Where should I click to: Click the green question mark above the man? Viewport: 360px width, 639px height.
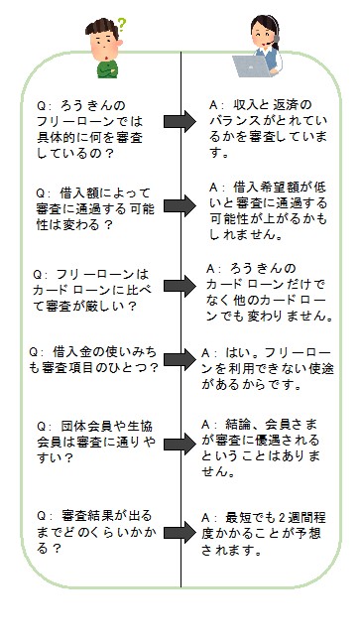tap(122, 21)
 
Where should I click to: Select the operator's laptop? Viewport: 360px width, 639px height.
tap(247, 66)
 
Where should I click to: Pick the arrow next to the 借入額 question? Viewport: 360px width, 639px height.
tap(180, 206)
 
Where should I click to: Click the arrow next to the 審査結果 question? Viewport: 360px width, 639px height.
tap(180, 527)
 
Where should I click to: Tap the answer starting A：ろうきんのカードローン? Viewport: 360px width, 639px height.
tap(268, 291)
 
